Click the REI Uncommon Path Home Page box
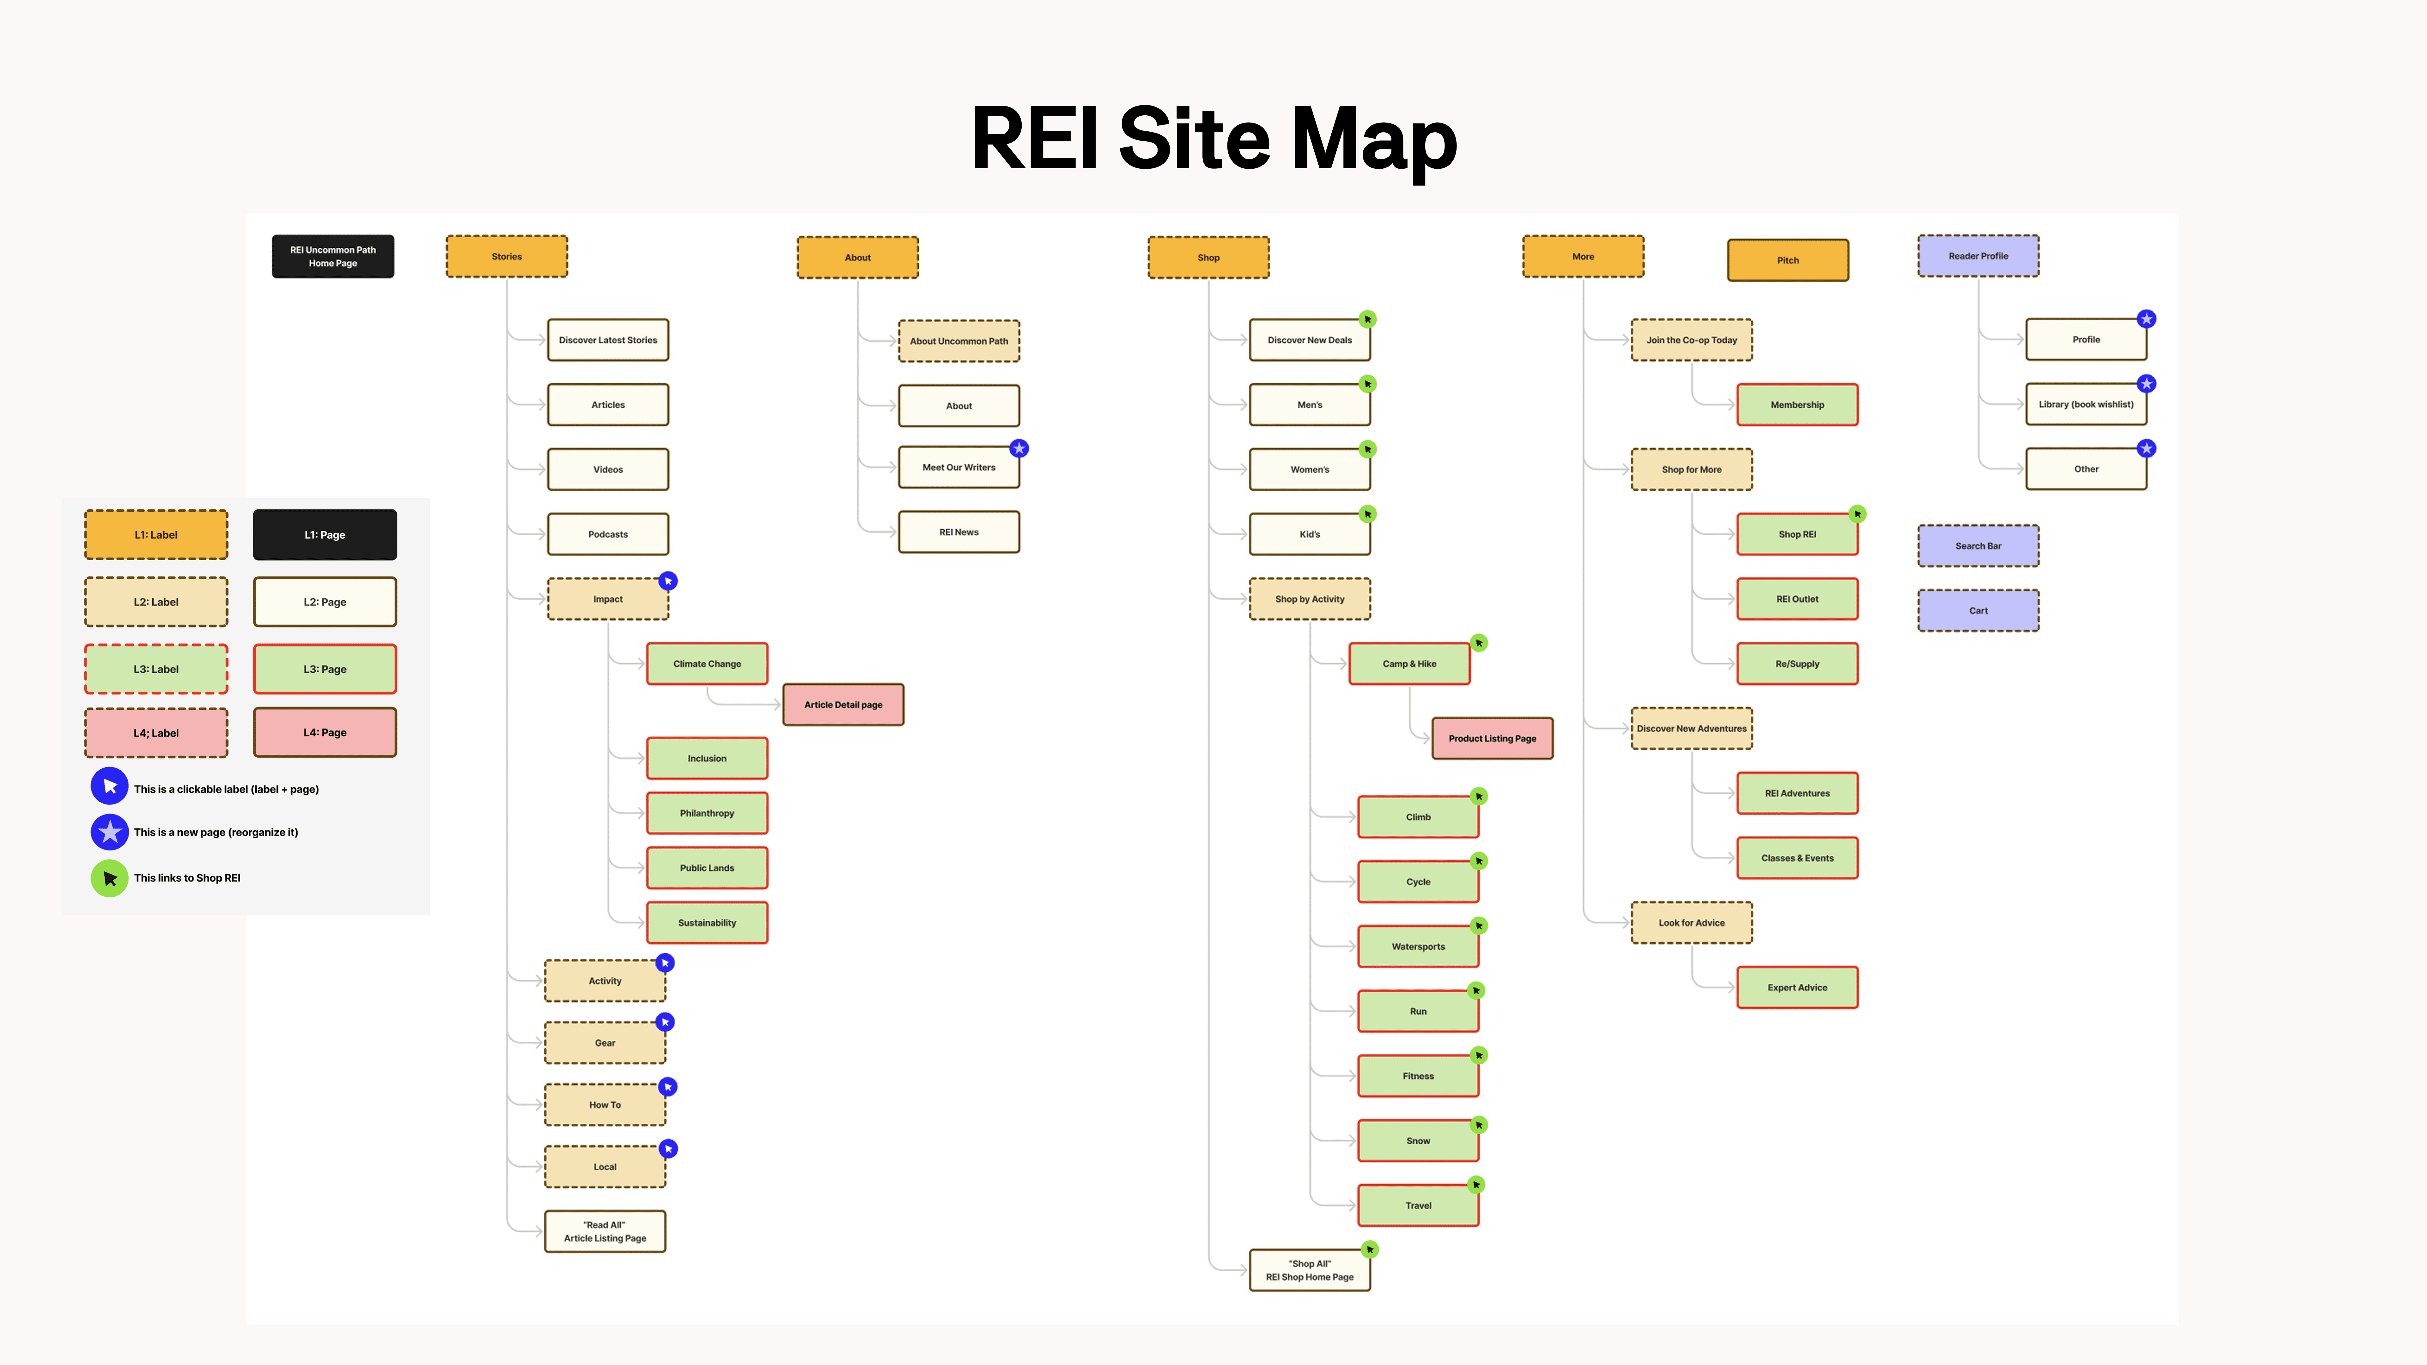332,256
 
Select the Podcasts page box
608,534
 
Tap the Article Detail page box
843,705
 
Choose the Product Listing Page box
1492,738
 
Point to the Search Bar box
1979,545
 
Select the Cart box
1979,610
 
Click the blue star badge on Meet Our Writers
1019,448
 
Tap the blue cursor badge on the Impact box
668,581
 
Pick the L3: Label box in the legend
156,669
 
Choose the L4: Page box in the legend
325,732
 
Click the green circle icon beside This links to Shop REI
109,878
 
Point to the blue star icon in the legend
109,832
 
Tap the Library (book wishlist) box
2086,404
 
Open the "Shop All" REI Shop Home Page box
1310,1270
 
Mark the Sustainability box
707,922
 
